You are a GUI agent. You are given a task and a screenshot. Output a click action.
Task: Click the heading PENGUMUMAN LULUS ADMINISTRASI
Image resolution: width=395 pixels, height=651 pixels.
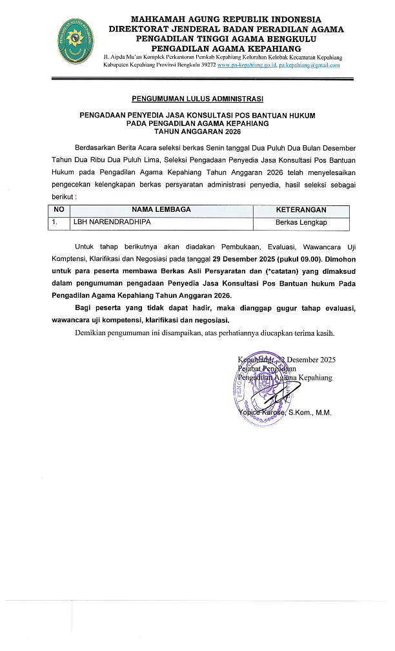point(197,99)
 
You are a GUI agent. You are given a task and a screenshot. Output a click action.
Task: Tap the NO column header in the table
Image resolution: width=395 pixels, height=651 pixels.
point(58,210)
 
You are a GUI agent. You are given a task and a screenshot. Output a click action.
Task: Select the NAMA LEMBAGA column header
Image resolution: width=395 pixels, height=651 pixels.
point(161,210)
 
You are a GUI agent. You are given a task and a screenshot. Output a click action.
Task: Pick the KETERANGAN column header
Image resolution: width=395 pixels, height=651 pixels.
point(300,210)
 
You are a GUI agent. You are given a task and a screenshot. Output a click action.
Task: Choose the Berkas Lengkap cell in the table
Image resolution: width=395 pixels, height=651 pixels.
point(301,222)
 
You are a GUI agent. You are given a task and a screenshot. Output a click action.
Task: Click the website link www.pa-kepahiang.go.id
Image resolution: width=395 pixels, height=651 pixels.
point(247,65)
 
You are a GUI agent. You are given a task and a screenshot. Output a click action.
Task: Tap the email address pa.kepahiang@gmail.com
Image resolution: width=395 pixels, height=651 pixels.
point(309,65)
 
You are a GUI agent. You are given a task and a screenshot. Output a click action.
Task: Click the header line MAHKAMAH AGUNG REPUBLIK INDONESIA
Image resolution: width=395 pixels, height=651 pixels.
point(226,20)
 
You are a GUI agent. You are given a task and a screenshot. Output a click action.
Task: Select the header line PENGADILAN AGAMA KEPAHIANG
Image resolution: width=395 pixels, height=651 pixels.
point(226,47)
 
